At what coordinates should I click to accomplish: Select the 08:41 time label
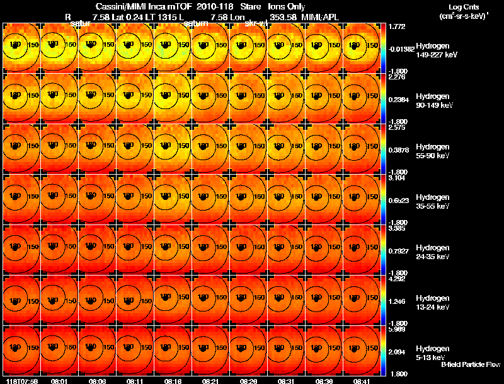pyautogui.click(x=361, y=381)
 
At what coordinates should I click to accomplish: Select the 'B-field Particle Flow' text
pyautogui.click(x=470, y=364)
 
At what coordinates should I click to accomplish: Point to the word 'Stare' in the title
pyautogui.click(x=251, y=6)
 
